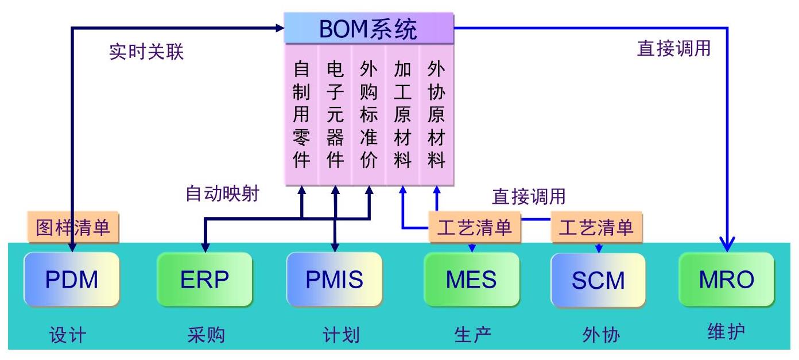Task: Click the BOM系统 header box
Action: (369, 28)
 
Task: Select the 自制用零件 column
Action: (301, 115)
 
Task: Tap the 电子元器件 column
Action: (335, 115)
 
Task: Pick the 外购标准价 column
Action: (369, 115)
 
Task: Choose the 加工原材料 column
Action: (402, 115)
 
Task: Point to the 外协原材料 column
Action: (436, 115)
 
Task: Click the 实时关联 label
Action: (146, 52)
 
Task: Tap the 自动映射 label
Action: (222, 193)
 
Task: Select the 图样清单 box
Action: (73, 227)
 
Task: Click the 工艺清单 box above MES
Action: (474, 227)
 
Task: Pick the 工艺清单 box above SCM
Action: (596, 227)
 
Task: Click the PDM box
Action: (72, 279)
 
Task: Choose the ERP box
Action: (205, 279)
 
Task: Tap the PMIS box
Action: (335, 279)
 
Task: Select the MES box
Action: (472, 279)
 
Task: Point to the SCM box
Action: (598, 280)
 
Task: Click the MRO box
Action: (727, 279)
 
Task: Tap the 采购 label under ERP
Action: (206, 335)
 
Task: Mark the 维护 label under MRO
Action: (726, 331)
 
